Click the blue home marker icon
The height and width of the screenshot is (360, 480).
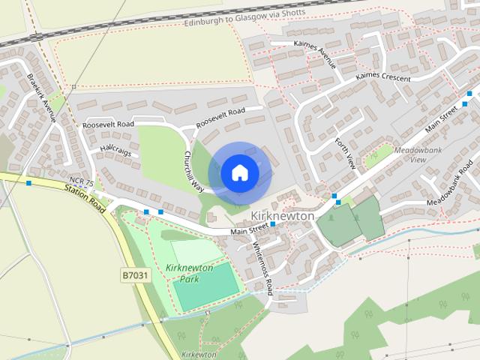coord(238,172)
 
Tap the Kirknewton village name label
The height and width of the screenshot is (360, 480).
coord(277,215)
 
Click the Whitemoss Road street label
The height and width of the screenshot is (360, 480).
coord(262,267)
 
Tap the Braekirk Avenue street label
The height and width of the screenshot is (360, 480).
coord(42,98)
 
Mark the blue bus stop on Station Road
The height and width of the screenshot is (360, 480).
coord(28,183)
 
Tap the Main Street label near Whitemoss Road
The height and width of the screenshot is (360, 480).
coord(249,228)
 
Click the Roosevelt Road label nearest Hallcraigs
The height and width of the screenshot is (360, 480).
coord(108,124)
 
